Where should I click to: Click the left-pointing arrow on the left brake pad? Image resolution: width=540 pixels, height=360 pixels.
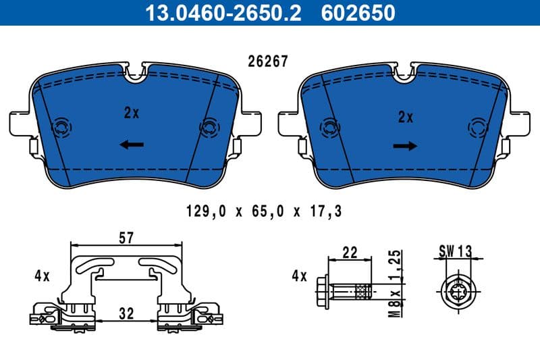coord(132,144)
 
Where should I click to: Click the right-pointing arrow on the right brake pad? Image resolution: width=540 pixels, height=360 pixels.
coord(405,145)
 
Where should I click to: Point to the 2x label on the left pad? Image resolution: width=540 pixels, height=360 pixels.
coord(131,113)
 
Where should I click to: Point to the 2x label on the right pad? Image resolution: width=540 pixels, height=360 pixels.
coord(405,117)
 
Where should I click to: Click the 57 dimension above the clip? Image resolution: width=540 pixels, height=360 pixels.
coord(126,237)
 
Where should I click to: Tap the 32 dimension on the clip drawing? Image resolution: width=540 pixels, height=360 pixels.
coord(126,314)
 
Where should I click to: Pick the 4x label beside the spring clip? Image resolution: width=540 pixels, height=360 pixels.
coord(42,276)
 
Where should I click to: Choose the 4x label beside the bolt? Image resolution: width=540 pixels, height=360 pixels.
coord(298,276)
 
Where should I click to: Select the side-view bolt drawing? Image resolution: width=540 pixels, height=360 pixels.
coord(344,292)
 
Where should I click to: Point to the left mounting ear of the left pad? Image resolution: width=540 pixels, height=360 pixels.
coord(19,123)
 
